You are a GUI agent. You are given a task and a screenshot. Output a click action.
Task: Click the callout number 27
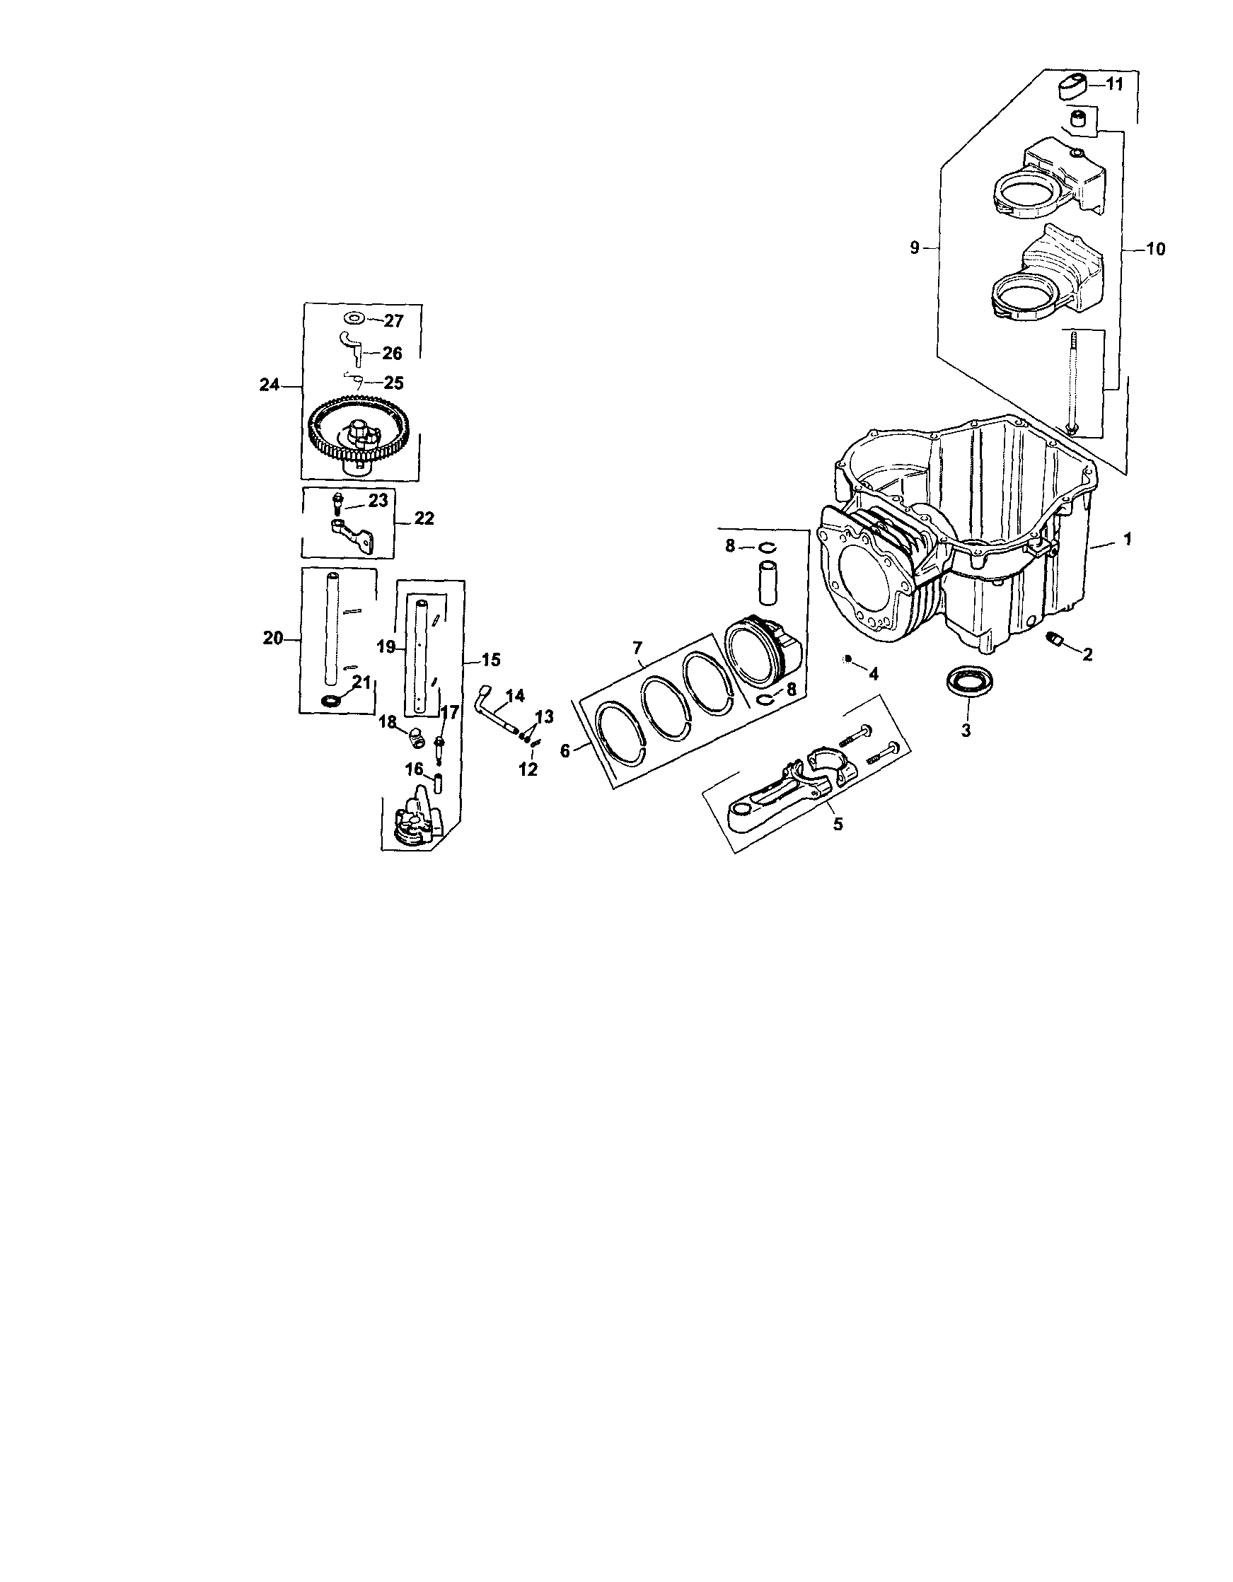pos(393,321)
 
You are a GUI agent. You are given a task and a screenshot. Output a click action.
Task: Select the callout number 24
pos(270,385)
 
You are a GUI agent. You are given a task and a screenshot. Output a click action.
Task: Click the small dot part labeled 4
pos(847,658)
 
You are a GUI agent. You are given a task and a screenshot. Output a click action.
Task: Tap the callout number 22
pos(424,518)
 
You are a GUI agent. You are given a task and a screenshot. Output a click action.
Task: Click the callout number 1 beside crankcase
pos(1126,539)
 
